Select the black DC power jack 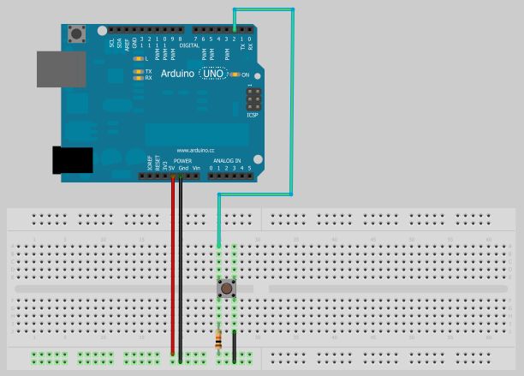(x=72, y=160)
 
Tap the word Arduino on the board (x=178, y=75)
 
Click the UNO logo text (x=213, y=75)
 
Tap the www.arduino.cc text (x=194, y=151)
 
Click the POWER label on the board (x=182, y=161)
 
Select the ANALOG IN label (x=227, y=161)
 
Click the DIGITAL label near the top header (x=177, y=45)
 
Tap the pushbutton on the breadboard (x=226, y=288)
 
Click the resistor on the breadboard (x=218, y=340)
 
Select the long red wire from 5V (x=172, y=266)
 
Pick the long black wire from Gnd (x=181, y=266)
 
